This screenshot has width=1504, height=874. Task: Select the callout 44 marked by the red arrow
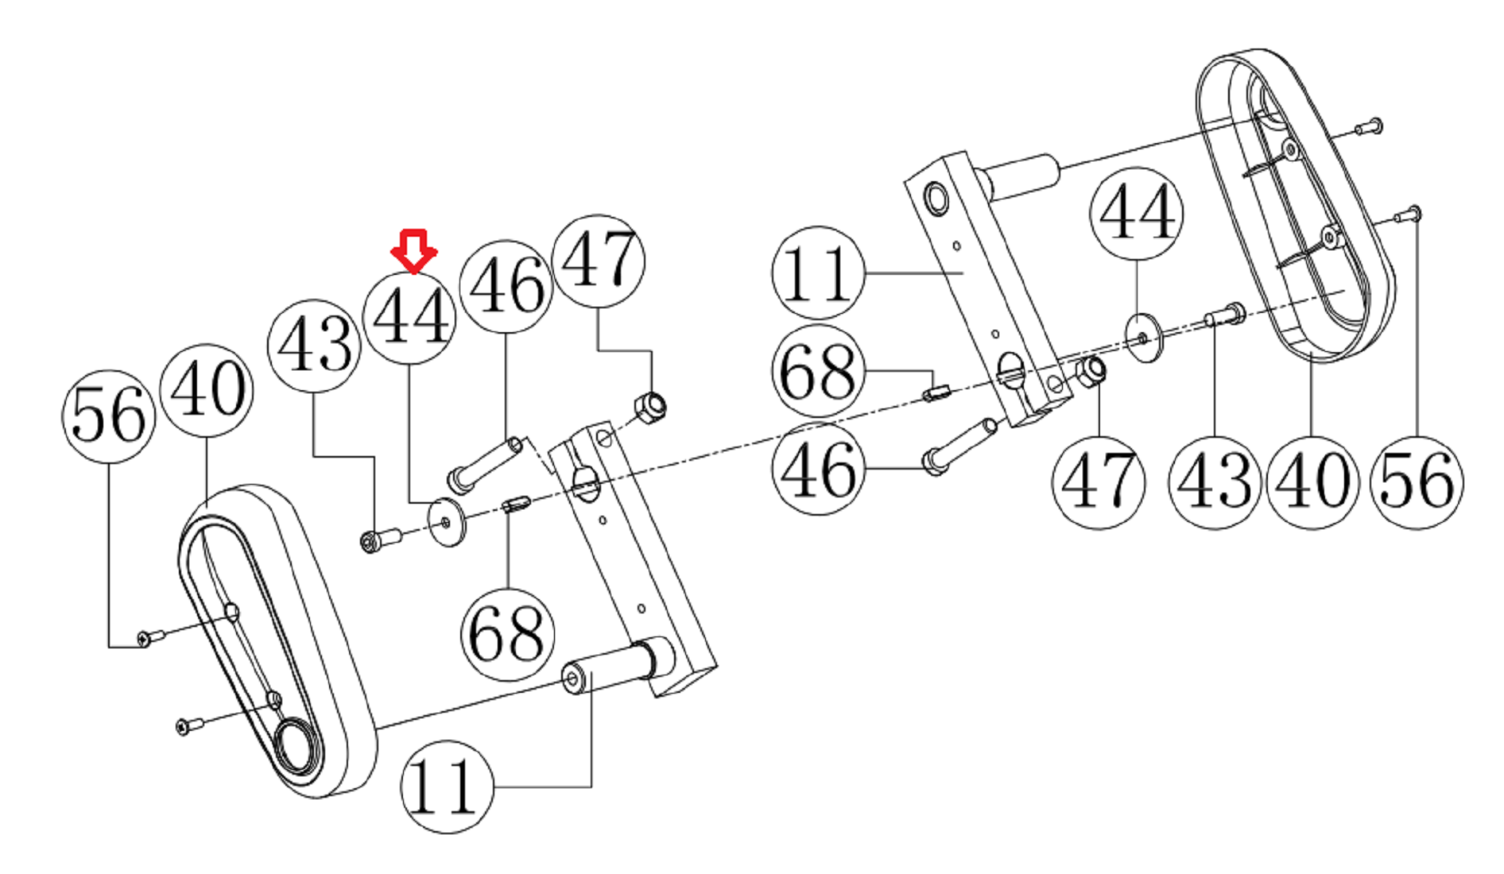click(x=409, y=318)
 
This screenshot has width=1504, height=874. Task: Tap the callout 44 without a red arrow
click(x=1136, y=214)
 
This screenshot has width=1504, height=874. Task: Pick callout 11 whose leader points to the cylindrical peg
click(x=447, y=787)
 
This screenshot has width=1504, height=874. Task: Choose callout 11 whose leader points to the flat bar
click(x=818, y=273)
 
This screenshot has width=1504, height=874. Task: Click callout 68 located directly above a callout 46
click(x=818, y=370)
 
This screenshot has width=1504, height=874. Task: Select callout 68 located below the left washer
click(x=507, y=635)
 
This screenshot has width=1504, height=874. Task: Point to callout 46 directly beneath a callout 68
click(x=818, y=469)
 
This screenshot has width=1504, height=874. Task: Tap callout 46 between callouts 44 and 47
click(x=506, y=286)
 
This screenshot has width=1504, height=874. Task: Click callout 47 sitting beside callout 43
click(x=1099, y=482)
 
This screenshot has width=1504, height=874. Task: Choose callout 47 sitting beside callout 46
click(x=599, y=261)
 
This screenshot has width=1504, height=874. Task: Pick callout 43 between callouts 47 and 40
click(x=1214, y=482)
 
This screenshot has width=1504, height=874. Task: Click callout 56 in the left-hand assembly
click(x=108, y=416)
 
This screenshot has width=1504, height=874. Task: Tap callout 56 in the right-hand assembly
click(x=1417, y=482)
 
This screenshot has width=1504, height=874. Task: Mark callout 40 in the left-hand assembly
click(x=207, y=390)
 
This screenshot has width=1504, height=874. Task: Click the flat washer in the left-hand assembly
click(x=447, y=522)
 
